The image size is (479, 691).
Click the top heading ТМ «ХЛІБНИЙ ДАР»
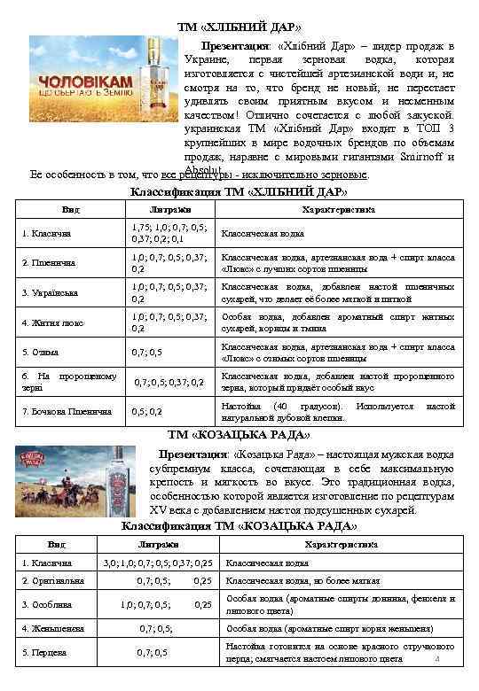point(239,25)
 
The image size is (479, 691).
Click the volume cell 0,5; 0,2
point(146,412)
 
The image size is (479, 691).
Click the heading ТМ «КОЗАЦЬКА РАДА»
point(239,434)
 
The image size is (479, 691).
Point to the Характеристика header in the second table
point(341,544)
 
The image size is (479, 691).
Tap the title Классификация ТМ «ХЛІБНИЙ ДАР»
point(239,191)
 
